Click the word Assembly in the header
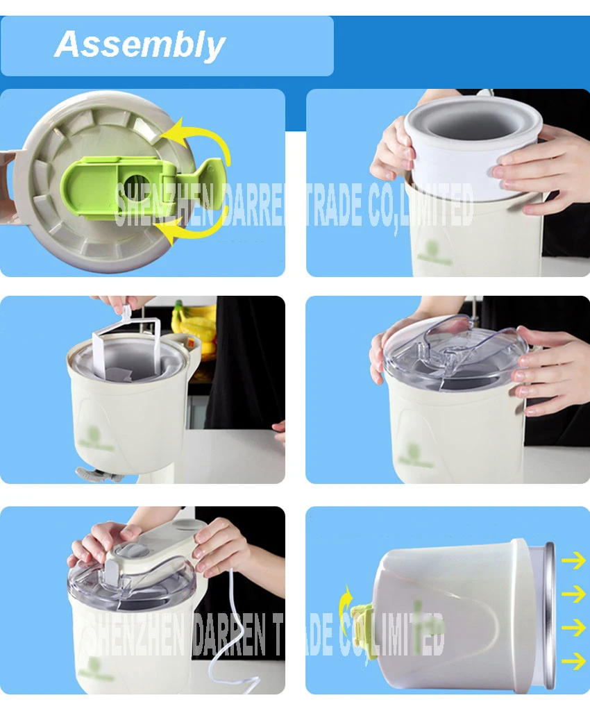click(140, 44)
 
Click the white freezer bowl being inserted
click(473, 149)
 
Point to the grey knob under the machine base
click(99, 474)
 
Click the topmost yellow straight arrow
click(573, 560)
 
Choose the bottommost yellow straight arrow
click(573, 661)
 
